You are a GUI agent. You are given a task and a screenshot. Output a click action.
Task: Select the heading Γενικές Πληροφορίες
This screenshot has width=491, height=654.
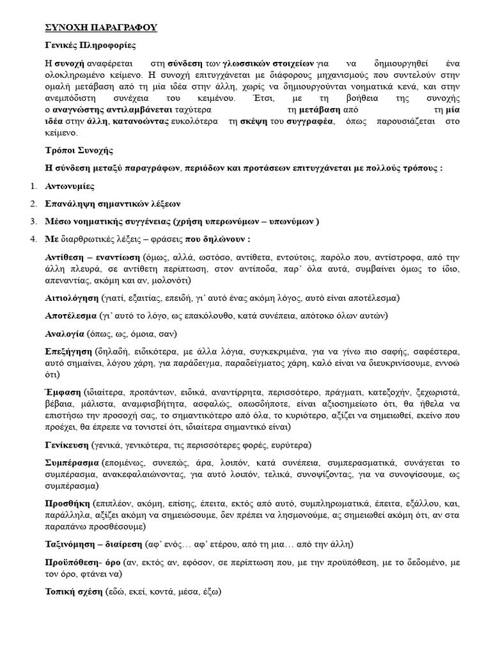pos(90,46)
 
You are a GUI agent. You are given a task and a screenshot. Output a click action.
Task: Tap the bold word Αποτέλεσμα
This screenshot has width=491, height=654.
pos(71,316)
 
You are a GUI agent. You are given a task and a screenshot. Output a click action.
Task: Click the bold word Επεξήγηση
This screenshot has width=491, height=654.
pos(68,351)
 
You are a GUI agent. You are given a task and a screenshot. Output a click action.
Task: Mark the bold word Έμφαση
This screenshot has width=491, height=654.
pos(63,391)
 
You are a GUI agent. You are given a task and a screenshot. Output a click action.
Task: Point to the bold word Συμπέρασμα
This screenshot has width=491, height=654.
pos(72,462)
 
